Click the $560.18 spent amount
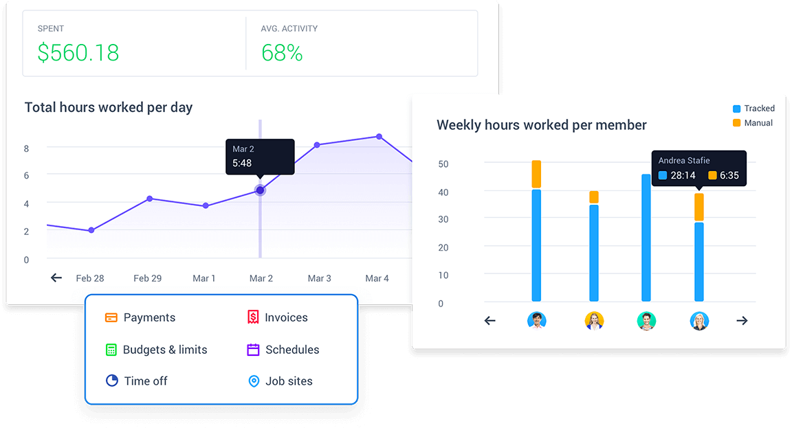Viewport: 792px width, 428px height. [x=78, y=53]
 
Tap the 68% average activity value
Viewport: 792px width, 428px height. [x=282, y=53]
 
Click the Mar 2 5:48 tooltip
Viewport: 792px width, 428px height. [x=260, y=157]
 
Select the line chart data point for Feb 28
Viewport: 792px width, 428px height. [x=91, y=230]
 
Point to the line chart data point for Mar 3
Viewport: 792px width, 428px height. [x=317, y=145]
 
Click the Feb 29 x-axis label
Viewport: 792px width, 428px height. [x=147, y=278]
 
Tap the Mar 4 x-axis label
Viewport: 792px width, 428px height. [x=377, y=278]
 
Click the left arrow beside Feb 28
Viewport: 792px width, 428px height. [x=56, y=278]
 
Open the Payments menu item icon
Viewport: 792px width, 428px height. [x=111, y=317]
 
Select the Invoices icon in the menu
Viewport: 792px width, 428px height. [x=253, y=317]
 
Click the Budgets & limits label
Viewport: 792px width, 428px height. [x=165, y=350]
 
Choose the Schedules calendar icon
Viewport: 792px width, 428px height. [x=253, y=350]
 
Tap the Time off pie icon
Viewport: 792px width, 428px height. [x=112, y=381]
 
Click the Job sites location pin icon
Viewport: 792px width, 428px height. [x=253, y=381]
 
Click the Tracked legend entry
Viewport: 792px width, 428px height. [x=753, y=109]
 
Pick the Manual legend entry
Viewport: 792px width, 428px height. [x=753, y=123]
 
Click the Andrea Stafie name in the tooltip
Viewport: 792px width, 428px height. [x=684, y=161]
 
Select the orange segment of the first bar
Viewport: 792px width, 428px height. [x=536, y=174]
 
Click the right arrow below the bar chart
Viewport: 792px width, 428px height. [x=742, y=320]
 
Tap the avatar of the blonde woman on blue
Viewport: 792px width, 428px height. [x=699, y=321]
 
